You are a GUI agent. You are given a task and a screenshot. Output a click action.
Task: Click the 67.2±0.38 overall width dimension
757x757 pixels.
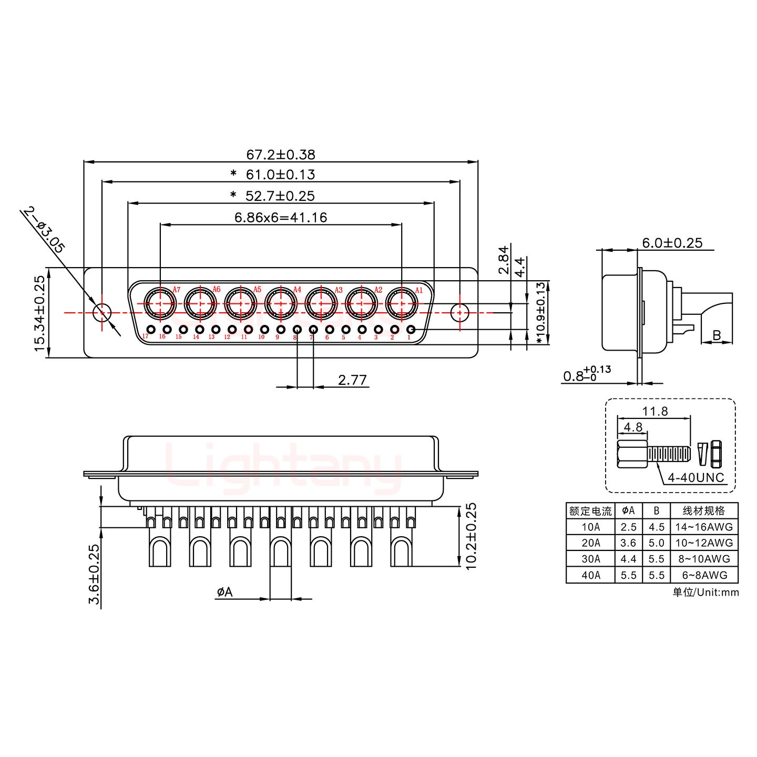coord(281,155)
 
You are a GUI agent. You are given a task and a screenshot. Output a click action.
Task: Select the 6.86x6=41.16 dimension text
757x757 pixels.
coord(281,217)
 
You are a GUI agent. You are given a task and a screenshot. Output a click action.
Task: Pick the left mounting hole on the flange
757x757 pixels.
coord(101,312)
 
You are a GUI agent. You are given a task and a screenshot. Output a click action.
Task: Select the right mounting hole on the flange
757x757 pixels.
coord(460,312)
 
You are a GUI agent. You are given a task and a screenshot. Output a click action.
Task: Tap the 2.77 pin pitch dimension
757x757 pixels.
coord(352,380)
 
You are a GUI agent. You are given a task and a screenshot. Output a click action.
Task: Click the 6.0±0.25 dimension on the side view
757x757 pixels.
coord(671,242)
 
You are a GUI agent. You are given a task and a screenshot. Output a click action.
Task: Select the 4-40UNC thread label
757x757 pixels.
coord(696,478)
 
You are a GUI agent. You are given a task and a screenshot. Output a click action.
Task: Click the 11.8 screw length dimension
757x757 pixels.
coord(655,411)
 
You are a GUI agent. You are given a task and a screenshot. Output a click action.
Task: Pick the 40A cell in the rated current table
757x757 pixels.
coord(590,575)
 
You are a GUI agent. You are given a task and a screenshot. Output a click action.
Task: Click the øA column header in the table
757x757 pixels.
coord(628,510)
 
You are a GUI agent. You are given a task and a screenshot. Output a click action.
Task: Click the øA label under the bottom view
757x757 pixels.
coord(224,592)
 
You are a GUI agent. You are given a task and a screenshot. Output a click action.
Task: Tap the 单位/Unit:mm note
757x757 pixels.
coord(705,592)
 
